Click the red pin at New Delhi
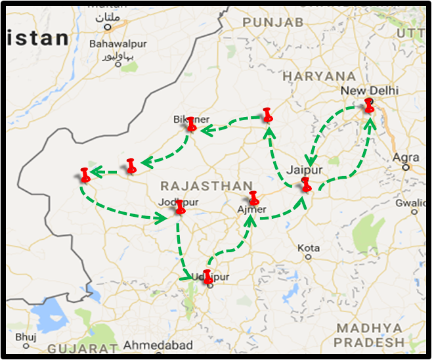tap(369, 104)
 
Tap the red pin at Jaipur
tap(306, 184)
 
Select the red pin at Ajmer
tap(253, 198)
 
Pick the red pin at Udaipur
tap(208, 276)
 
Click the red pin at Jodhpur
tap(180, 207)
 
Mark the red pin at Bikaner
tap(191, 124)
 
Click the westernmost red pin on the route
tap(85, 175)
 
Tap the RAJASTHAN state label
tap(197, 186)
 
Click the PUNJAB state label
tap(272, 22)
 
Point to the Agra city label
tap(405, 157)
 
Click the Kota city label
tap(309, 248)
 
